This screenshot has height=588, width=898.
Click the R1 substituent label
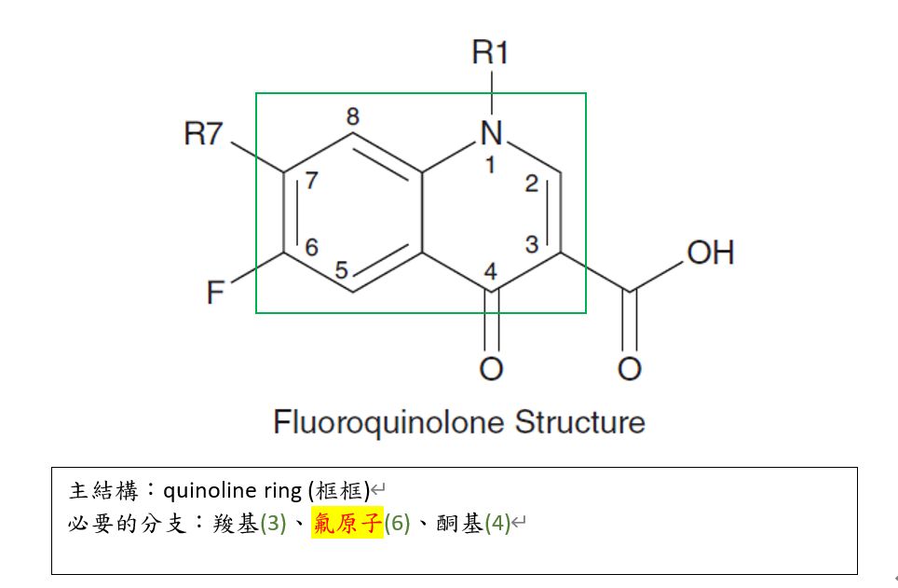(x=491, y=53)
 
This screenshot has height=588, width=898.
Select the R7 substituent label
(x=204, y=135)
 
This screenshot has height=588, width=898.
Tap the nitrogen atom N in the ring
(x=492, y=134)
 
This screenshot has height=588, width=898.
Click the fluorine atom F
(x=215, y=294)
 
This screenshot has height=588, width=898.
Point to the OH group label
(x=710, y=253)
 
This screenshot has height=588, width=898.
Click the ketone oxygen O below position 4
(x=491, y=369)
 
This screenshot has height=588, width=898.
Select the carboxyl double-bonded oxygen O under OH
(x=630, y=369)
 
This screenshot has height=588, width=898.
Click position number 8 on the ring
(x=351, y=117)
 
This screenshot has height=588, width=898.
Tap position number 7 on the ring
(x=312, y=181)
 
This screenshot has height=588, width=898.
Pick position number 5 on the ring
(x=341, y=270)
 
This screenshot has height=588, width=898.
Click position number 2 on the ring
(x=531, y=184)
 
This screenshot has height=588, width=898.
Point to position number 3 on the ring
(x=532, y=245)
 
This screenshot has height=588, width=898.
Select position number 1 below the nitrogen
(x=491, y=167)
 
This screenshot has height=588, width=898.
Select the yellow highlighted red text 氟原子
(x=347, y=524)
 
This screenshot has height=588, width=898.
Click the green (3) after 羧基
(x=273, y=524)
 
